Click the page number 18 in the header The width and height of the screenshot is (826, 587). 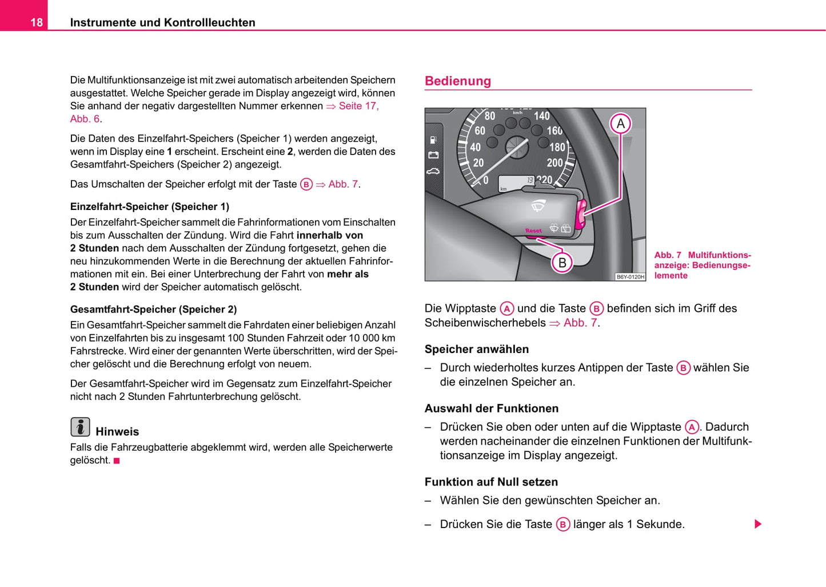coord(36,22)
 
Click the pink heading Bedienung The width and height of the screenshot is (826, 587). coord(457,81)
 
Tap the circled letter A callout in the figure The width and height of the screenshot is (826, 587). coord(620,124)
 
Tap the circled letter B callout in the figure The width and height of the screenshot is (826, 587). coord(562,263)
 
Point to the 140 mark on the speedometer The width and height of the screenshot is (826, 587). coord(541,116)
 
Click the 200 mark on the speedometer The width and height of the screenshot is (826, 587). coord(554,163)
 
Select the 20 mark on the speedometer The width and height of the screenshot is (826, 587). coord(478,163)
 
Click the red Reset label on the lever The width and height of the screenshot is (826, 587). coord(533,231)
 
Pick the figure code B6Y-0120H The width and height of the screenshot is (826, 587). coord(630,277)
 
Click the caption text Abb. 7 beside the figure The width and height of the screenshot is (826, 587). coord(668,255)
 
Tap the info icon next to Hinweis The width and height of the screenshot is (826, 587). coord(80,427)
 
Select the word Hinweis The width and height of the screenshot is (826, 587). coord(117,432)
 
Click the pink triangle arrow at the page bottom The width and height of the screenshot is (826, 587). coord(758,524)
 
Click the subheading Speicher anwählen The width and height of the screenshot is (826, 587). coord(476,349)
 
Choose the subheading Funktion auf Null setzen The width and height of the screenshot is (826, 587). coord(491,482)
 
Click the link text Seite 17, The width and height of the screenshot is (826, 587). coord(358,106)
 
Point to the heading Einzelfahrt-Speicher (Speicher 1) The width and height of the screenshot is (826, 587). coord(149,207)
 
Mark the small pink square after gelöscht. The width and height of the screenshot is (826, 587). coord(117,461)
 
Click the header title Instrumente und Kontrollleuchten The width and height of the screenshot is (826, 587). coord(162,22)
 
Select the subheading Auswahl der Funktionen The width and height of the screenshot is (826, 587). coord(491,408)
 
